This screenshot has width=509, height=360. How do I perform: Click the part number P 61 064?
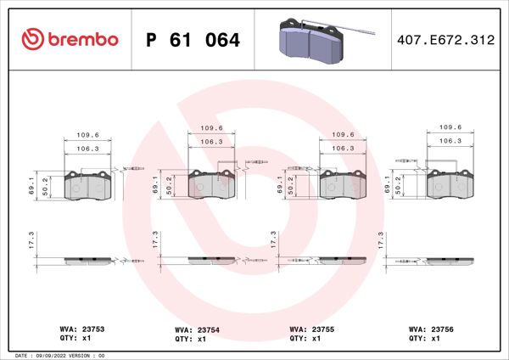(193, 41)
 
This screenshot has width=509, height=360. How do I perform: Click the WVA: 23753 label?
(82, 327)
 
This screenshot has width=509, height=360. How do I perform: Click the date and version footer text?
(60, 355)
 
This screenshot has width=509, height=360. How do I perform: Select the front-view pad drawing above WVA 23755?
(343, 184)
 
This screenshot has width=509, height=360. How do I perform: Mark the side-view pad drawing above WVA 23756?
(449, 261)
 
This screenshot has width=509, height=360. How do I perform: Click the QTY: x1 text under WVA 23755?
(307, 338)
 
